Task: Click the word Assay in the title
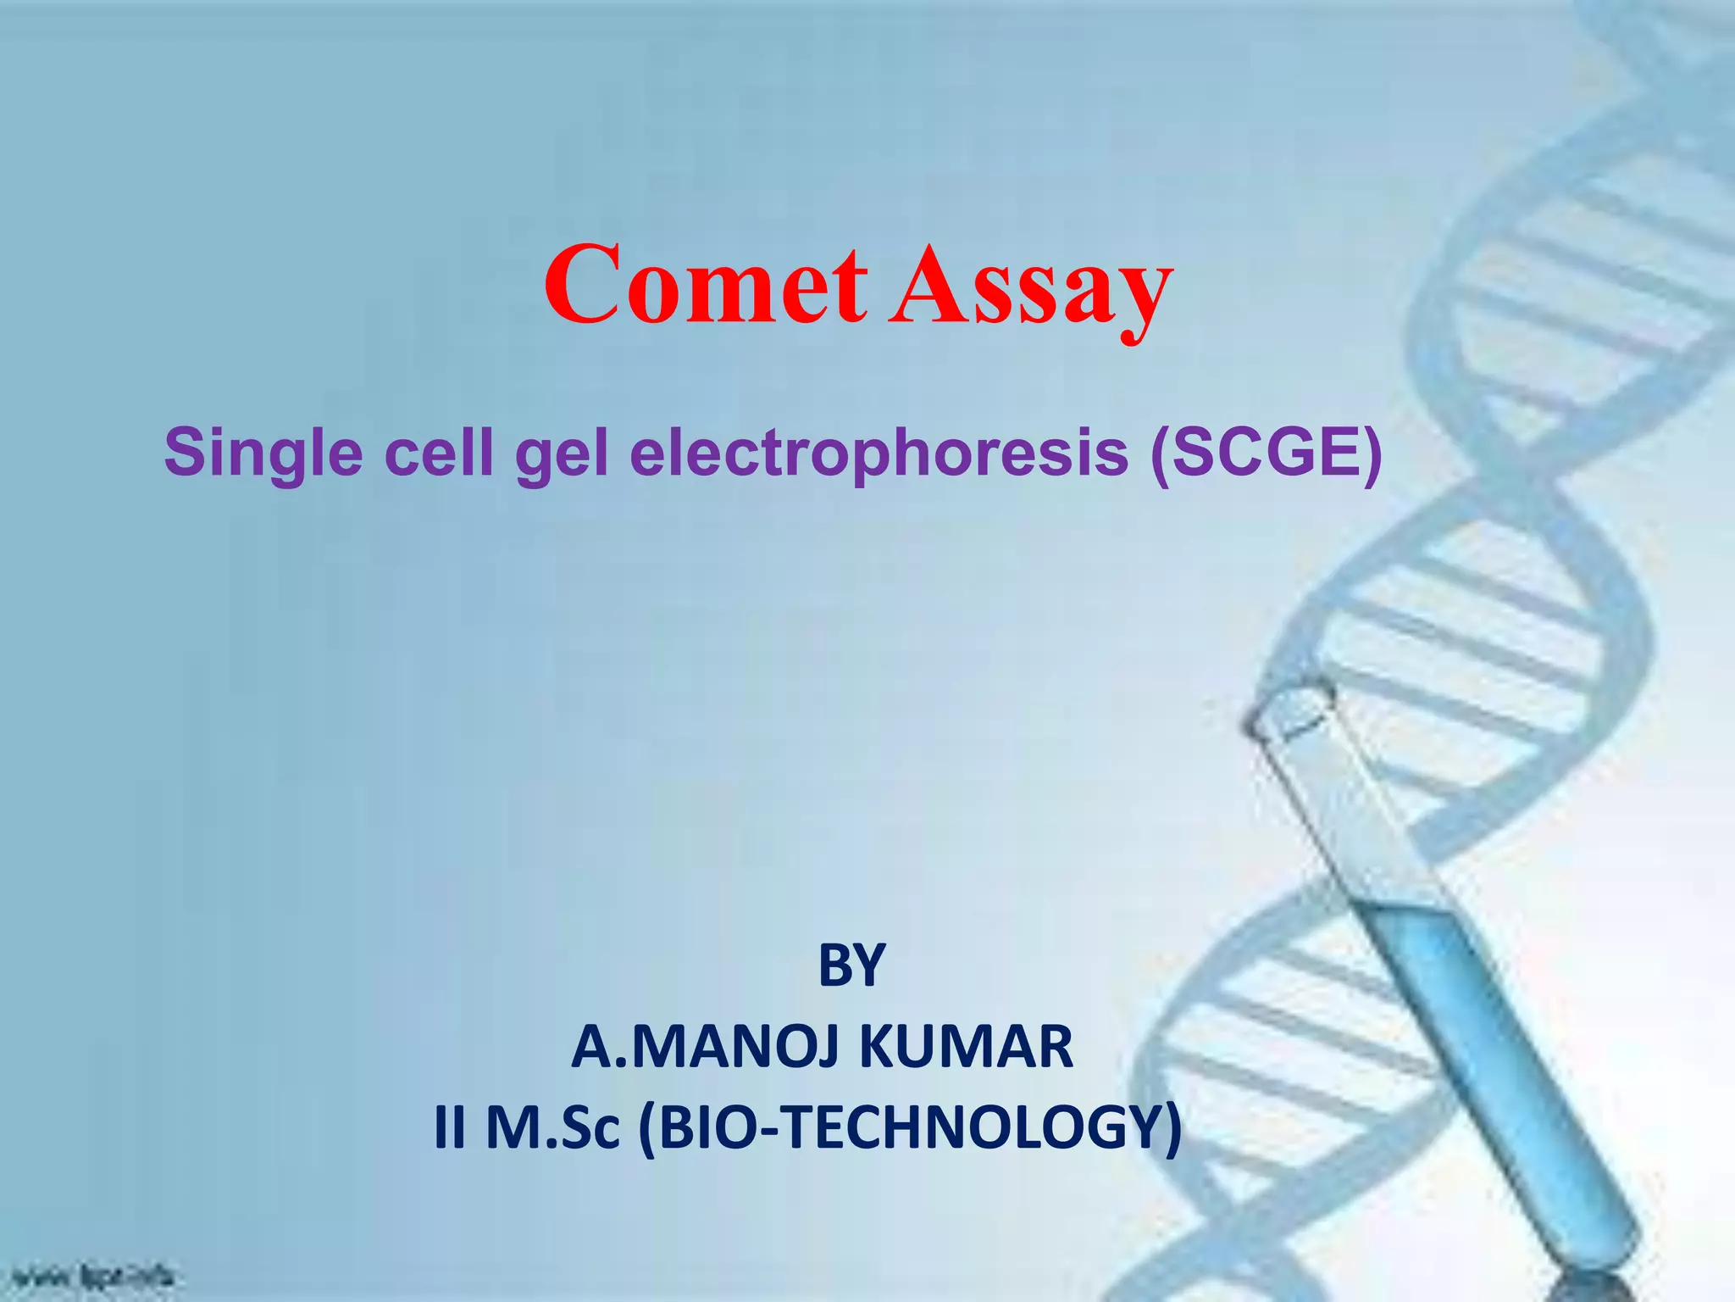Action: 1030,288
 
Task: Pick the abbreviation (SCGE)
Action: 1266,453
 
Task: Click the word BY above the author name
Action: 851,965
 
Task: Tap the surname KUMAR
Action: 966,1047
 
